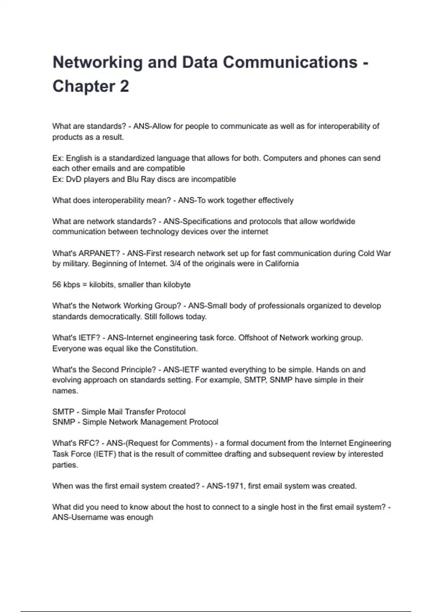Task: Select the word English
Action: click(x=79, y=158)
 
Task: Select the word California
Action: click(x=282, y=264)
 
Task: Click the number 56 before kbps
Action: click(x=57, y=285)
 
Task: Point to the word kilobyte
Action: click(x=177, y=285)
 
